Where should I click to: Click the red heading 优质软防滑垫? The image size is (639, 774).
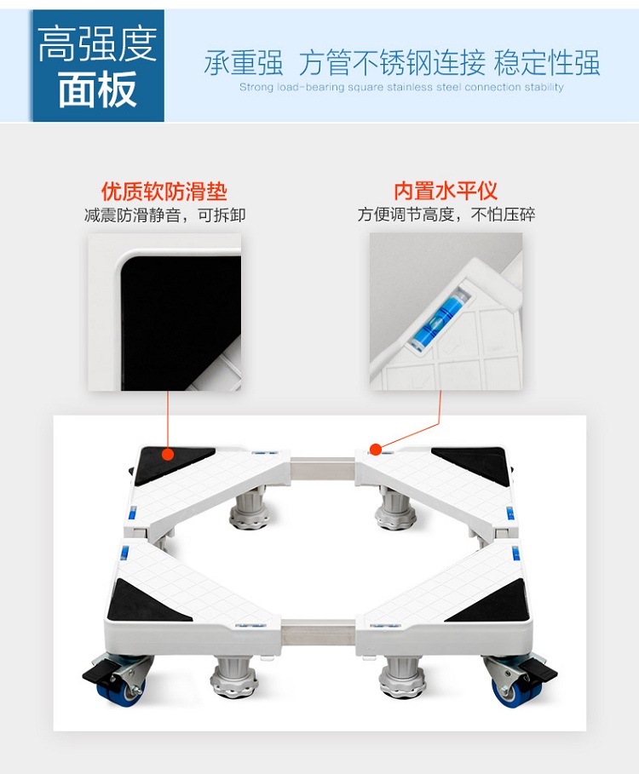[164, 192]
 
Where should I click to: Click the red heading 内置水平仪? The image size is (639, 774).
[446, 191]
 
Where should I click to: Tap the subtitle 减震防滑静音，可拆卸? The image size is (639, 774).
[165, 215]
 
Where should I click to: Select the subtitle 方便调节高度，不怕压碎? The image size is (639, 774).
[446, 215]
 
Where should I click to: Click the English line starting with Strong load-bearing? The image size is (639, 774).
[401, 88]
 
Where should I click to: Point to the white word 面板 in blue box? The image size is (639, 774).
[97, 89]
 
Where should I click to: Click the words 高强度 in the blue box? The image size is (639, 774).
[97, 44]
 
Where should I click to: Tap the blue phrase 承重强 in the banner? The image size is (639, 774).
[244, 63]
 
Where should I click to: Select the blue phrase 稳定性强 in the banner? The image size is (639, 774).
[547, 62]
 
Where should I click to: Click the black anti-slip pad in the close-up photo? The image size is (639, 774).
[181, 323]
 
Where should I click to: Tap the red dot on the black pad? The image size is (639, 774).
[168, 454]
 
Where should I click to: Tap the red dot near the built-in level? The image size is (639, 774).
[376, 450]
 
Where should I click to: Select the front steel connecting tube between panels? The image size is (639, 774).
[319, 632]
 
